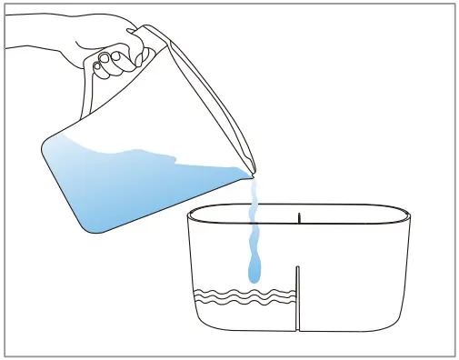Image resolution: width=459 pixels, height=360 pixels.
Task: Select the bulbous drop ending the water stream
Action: (x=254, y=270)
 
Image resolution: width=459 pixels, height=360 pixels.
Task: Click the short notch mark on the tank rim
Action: (x=299, y=216)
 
